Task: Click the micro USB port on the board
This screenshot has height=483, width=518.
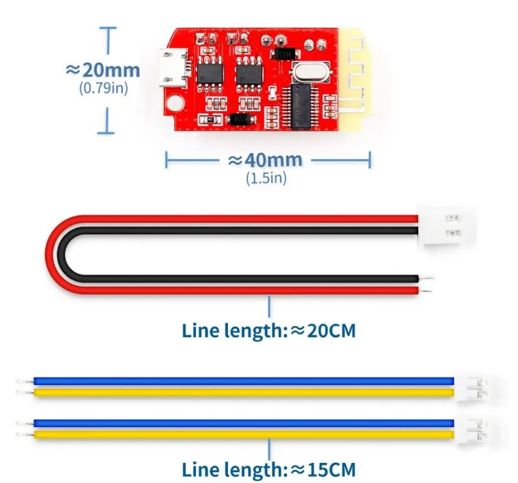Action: pyautogui.click(x=173, y=68)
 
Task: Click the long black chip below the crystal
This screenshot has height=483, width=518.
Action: pyautogui.click(x=300, y=106)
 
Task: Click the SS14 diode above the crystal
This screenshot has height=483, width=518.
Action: pyautogui.click(x=285, y=54)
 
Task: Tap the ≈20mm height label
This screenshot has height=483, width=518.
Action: pyautogui.click(x=103, y=70)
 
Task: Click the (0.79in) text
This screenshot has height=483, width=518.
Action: pyautogui.click(x=104, y=88)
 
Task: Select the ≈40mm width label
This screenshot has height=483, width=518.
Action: pyautogui.click(x=265, y=160)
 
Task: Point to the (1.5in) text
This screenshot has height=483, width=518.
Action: pyautogui.click(x=266, y=178)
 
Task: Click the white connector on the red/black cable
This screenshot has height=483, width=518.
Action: pyautogui.click(x=446, y=226)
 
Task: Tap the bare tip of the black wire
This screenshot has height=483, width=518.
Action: pyautogui.click(x=427, y=278)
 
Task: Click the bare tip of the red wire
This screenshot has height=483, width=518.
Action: pyautogui.click(x=426, y=291)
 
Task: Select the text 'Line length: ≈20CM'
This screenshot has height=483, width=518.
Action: pyautogui.click(x=269, y=331)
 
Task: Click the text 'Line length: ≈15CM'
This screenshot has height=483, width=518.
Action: pyautogui.click(x=269, y=469)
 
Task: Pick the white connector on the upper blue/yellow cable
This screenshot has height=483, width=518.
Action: pyautogui.click(x=471, y=389)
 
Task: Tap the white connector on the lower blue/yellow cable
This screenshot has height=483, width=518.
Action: pyautogui.click(x=471, y=431)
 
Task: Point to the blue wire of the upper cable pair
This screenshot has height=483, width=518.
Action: pyautogui.click(x=244, y=381)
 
